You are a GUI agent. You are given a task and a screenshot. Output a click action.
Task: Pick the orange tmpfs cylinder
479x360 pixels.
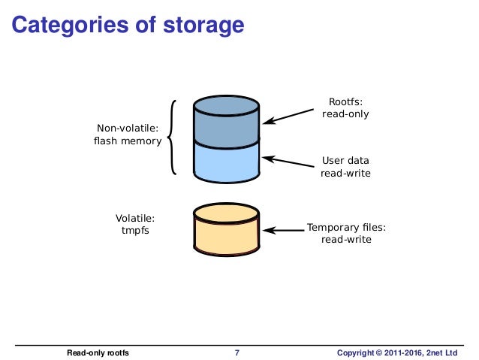point(226,231)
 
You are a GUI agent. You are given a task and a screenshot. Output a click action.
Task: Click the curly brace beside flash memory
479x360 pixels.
point(172,136)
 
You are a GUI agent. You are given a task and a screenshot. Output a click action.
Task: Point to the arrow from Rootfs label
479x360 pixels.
point(288,115)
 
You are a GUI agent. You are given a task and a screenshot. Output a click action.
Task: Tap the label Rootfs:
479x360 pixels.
point(345,101)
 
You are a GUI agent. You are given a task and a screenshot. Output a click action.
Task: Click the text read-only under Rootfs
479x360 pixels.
point(345,114)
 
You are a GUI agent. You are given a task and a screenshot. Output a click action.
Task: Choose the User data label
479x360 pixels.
point(345,160)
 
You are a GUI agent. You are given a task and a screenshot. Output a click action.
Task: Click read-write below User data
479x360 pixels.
point(345,173)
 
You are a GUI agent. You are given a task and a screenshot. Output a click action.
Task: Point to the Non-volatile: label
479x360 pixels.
point(128,129)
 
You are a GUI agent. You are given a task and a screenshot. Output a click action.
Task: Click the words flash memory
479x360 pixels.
point(128,141)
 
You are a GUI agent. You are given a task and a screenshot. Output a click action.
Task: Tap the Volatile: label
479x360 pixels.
point(135,218)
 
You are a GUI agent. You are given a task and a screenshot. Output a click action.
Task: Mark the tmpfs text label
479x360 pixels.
point(135,231)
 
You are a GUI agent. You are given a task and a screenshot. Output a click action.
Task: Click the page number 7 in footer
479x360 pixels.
point(237,352)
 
